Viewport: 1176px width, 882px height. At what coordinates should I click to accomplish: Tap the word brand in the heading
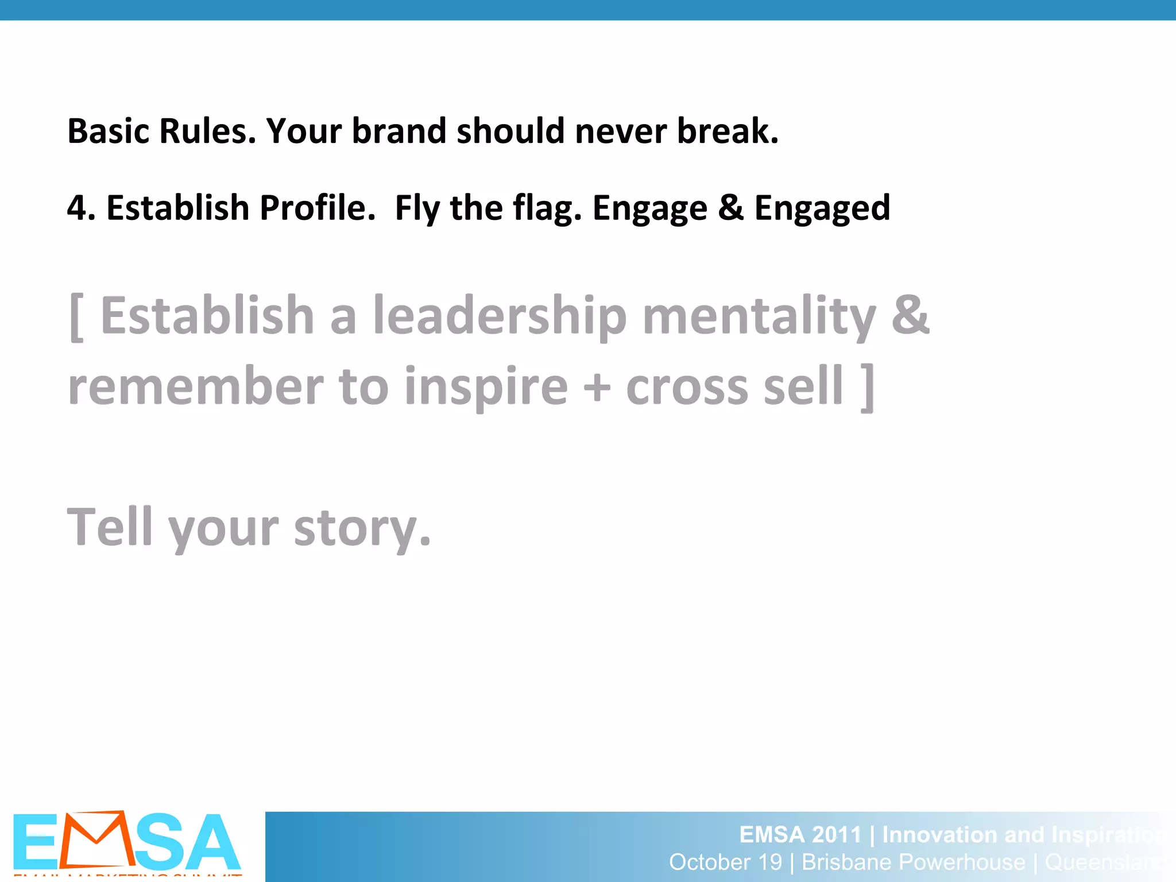tap(399, 131)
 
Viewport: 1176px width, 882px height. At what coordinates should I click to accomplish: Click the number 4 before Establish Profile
tap(77, 208)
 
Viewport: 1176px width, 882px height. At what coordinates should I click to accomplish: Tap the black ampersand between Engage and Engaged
tap(730, 208)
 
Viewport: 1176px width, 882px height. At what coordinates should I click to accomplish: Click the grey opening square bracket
tap(76, 318)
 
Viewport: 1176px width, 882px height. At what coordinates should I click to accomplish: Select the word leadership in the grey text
tap(500, 316)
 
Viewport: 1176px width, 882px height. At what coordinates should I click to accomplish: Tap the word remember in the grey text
tap(196, 386)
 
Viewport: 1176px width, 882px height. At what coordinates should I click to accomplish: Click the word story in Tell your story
tap(361, 528)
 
